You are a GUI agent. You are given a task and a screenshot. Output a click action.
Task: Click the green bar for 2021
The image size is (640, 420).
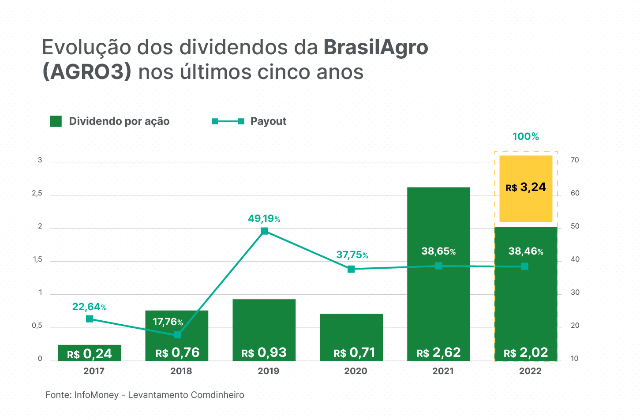tap(438, 221)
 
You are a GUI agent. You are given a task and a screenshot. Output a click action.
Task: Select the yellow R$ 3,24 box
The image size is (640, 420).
tap(526, 188)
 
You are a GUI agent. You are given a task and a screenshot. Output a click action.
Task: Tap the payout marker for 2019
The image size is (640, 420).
tap(264, 231)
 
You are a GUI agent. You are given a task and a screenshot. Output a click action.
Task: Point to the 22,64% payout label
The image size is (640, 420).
tap(89, 307)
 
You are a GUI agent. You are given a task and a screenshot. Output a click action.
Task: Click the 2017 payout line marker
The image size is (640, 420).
tap(90, 319)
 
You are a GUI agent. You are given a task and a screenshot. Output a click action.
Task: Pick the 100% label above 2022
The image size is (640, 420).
tap(526, 137)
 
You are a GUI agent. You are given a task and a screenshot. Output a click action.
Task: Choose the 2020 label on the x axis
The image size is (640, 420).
tap(356, 371)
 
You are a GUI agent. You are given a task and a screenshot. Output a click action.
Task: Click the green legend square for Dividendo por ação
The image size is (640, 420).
tap(56, 121)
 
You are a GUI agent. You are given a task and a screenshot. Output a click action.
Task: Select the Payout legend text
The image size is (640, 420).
tap(268, 121)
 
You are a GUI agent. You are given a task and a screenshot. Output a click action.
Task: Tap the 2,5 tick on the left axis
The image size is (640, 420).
tap(37, 194)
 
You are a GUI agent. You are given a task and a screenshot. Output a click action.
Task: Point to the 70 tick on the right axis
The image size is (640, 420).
tap(575, 160)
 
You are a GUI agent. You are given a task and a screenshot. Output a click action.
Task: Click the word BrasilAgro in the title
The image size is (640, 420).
tap(376, 47)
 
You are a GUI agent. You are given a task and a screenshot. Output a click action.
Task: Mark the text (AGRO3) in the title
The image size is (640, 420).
tap(87, 72)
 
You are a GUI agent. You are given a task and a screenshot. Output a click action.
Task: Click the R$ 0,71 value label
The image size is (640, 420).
tap(354, 353)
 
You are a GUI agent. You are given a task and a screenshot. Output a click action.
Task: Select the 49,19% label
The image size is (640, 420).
tap(264, 219)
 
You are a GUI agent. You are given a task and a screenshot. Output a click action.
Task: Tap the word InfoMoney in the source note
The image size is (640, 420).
tap(97, 395)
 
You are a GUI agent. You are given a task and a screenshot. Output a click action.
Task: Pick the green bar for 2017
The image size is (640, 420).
tap(90, 353)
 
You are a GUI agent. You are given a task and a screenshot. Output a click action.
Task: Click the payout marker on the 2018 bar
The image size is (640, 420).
tap(177, 335)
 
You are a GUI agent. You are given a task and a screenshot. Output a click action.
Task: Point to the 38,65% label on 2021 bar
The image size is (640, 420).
tap(438, 251)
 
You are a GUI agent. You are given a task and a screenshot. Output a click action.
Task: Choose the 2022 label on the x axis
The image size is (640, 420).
tap(530, 371)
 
